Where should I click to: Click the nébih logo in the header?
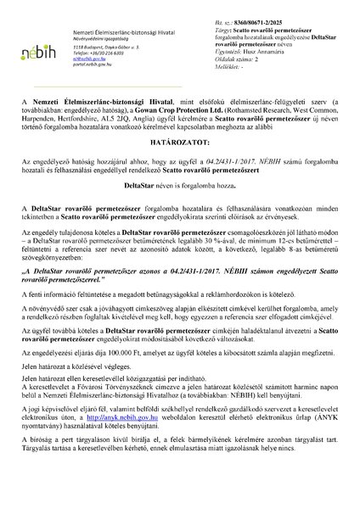coord(36,50)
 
